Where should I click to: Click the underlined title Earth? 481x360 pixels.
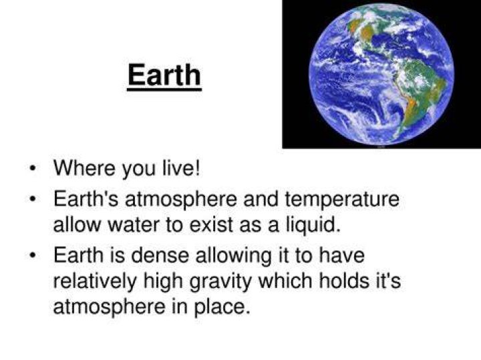coord(164,75)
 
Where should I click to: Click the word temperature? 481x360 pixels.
coord(342,199)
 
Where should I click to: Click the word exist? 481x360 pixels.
coord(211,224)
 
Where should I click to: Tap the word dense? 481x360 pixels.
coord(160,255)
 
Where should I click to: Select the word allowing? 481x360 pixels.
coord(233,256)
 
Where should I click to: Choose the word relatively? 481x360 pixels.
coord(94,281)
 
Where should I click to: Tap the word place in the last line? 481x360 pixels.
coord(220,307)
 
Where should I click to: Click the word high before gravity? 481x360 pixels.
coord(163,281)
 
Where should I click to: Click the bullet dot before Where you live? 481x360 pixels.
coord(33,168)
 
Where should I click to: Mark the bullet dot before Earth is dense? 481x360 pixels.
coord(33,256)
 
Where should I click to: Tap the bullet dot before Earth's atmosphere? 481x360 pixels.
coord(33,199)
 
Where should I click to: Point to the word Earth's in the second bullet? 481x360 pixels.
coord(86,199)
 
